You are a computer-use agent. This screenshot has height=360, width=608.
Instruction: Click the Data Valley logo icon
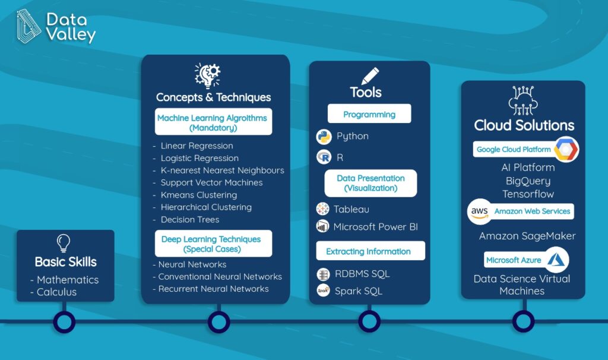point(28,26)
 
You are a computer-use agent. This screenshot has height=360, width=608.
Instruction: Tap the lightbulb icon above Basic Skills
point(64,244)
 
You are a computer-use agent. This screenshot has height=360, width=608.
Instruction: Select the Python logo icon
point(324,137)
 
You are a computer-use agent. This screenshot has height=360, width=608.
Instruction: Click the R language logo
point(324,157)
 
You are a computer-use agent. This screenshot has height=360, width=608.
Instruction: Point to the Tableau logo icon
point(322,209)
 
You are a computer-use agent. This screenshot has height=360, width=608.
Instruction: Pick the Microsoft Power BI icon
point(322,226)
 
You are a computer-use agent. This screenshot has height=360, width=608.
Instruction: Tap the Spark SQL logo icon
point(323,290)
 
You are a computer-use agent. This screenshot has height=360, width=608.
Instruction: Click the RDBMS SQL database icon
point(323,274)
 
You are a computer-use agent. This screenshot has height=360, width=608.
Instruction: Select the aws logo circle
point(480,211)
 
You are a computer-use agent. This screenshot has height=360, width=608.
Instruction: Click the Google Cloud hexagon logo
point(566,149)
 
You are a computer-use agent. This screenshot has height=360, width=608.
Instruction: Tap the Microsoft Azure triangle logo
point(556,260)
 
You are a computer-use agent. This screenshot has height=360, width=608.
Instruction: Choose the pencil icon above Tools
point(370,76)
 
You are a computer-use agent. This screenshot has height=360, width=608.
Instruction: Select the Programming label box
point(369,113)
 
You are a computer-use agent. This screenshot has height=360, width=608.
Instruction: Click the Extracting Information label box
point(370,251)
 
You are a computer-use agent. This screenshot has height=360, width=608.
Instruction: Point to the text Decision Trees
point(190,220)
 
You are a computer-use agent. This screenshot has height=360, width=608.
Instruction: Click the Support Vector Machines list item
point(212,183)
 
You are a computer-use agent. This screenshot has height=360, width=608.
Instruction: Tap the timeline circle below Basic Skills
point(64,321)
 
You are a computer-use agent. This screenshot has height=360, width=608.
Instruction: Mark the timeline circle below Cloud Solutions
point(524,321)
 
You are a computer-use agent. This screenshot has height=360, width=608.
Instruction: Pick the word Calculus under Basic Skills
point(56,292)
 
